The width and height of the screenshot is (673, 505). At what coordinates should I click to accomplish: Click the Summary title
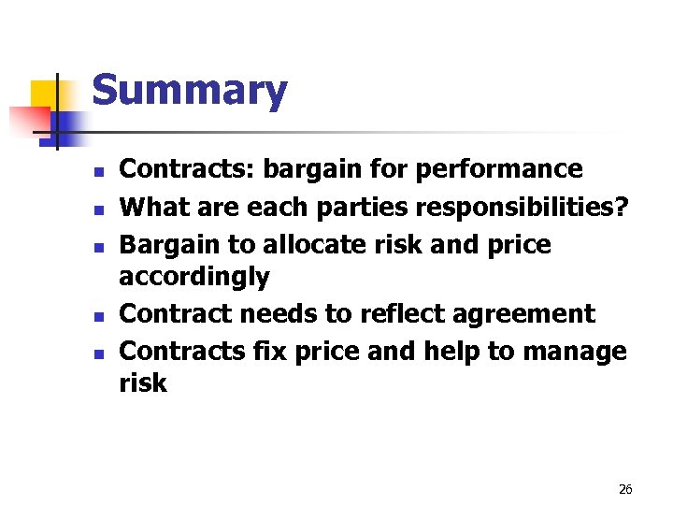click(x=190, y=92)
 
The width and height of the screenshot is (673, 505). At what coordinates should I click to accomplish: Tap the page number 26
click(x=625, y=489)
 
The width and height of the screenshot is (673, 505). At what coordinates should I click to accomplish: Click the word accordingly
click(x=194, y=277)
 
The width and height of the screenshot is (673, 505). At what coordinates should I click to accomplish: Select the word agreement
click(x=526, y=314)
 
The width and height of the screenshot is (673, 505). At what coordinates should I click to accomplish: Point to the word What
click(x=156, y=207)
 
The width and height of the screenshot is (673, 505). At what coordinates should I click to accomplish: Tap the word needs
click(x=274, y=313)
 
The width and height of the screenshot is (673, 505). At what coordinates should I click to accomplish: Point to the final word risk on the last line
click(x=143, y=383)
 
